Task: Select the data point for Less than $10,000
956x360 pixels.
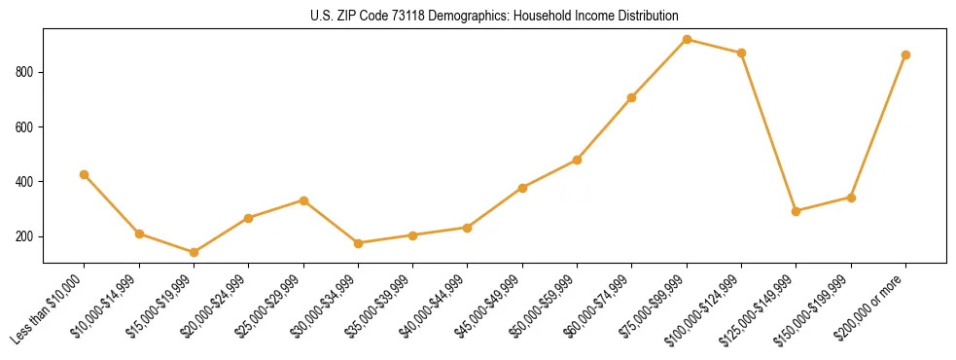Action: tap(85, 175)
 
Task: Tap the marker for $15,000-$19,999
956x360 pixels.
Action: tap(194, 252)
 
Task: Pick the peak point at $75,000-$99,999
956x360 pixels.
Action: tap(687, 40)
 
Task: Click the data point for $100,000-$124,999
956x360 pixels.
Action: tap(741, 53)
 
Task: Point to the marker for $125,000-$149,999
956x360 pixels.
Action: tap(797, 211)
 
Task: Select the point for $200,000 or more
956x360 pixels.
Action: tap(905, 55)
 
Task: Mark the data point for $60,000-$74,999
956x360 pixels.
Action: tap(632, 97)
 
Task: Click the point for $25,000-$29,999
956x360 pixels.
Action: tap(303, 200)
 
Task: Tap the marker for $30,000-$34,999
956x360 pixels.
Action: tap(358, 243)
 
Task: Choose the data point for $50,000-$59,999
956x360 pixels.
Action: tap(578, 160)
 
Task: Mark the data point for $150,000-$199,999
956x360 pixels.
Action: tap(851, 198)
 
